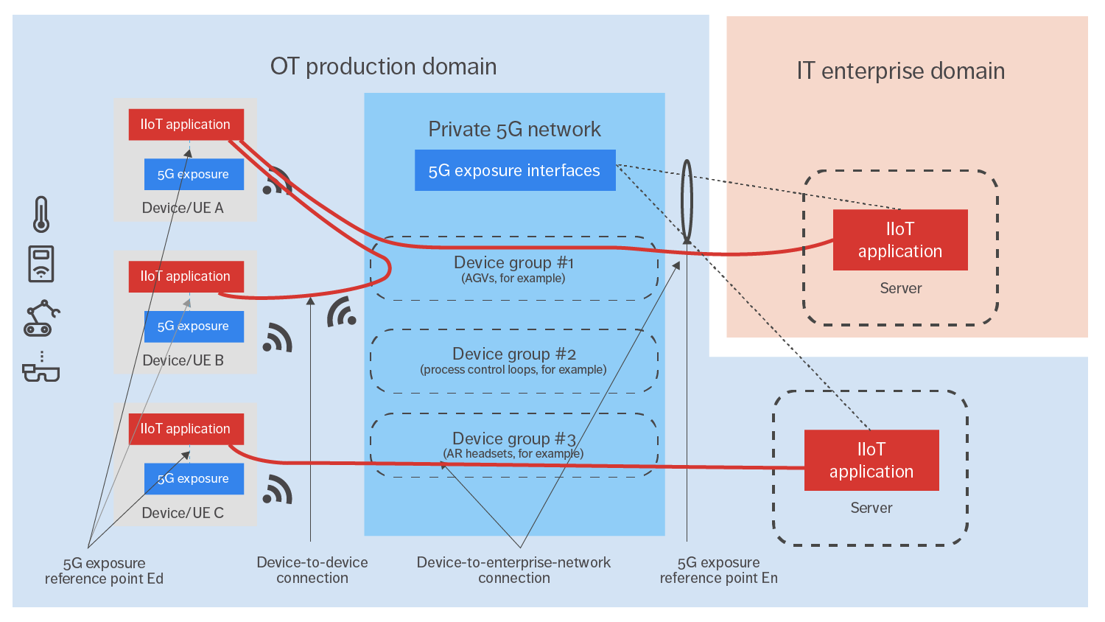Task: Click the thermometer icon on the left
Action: (x=41, y=214)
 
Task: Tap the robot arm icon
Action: (x=41, y=318)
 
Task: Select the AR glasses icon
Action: (x=41, y=371)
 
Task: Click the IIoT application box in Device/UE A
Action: (x=186, y=125)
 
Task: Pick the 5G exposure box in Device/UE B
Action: (x=194, y=326)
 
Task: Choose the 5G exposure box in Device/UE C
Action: (x=194, y=479)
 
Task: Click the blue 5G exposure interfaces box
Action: (x=514, y=171)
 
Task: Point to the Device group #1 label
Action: (x=513, y=263)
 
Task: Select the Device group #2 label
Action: (x=513, y=354)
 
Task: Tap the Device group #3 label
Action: (x=513, y=439)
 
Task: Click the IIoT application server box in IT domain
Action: (x=899, y=240)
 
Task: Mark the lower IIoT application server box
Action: (x=871, y=461)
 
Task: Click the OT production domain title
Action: (x=383, y=67)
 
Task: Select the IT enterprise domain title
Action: (x=900, y=71)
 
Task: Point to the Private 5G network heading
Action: (x=514, y=130)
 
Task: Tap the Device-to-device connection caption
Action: (x=312, y=570)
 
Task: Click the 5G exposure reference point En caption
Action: (x=718, y=570)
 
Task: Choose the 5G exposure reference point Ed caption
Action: (x=104, y=571)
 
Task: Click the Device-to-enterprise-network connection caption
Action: (x=513, y=570)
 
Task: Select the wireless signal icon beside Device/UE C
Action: (x=278, y=490)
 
